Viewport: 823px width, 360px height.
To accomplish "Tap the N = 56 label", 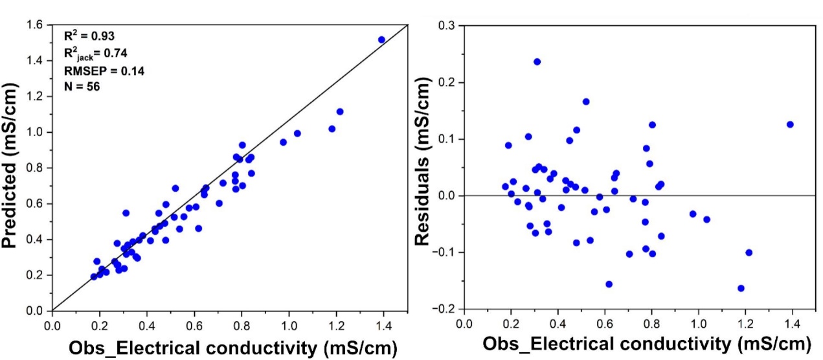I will pyautogui.click(x=82, y=86).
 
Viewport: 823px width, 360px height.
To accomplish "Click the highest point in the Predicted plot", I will pyautogui.click(x=381, y=39).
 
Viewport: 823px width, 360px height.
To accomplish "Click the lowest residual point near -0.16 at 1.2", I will pyautogui.click(x=741, y=288).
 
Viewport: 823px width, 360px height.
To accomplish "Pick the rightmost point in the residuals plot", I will pyautogui.click(x=790, y=124).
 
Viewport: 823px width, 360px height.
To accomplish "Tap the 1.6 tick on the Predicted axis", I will pyautogui.click(x=36, y=25).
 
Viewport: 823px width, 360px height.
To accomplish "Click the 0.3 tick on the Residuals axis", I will pyautogui.click(x=445, y=25).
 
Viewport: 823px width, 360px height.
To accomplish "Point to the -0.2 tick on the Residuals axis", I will pyautogui.click(x=444, y=309).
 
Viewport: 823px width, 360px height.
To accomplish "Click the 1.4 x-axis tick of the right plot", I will pyautogui.click(x=792, y=322).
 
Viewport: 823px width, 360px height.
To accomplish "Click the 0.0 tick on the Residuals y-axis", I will pyautogui.click(x=445, y=196).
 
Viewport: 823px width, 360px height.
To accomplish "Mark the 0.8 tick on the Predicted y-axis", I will pyautogui.click(x=36, y=168).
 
